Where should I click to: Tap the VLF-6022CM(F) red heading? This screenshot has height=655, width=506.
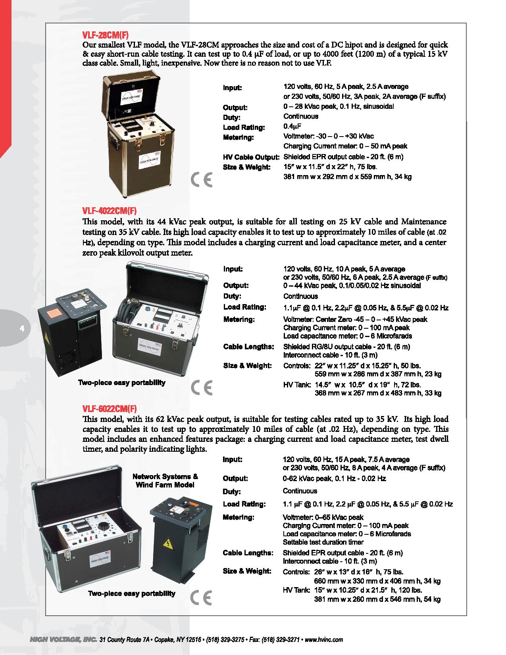(x=106, y=408)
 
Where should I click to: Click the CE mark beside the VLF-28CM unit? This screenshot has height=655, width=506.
(x=202, y=180)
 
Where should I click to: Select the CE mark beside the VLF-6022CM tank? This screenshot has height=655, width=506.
(x=202, y=597)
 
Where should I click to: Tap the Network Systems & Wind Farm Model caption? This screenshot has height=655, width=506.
(x=165, y=481)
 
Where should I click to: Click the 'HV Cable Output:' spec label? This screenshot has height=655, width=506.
(x=251, y=157)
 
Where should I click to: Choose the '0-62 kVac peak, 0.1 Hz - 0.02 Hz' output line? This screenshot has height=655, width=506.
(x=334, y=479)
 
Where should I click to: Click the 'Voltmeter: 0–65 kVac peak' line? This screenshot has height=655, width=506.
(x=323, y=518)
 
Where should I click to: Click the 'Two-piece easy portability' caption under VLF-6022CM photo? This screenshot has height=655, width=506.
(x=131, y=594)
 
